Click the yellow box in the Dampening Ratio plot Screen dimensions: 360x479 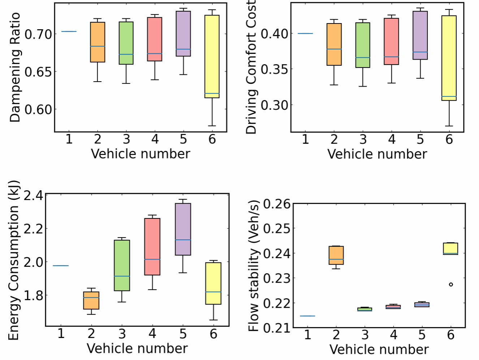point(212,56)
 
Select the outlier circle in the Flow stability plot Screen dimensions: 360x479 point(451,285)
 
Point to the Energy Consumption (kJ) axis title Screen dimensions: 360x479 point(13,260)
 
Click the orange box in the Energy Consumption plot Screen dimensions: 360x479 point(91,300)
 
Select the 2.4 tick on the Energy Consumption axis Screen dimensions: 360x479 point(33,196)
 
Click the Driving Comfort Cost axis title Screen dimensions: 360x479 point(251,67)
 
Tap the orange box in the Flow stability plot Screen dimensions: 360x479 point(336,255)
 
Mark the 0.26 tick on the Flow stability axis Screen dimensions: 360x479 point(277,204)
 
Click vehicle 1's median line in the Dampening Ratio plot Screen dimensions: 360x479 point(69,32)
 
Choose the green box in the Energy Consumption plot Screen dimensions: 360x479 point(122,265)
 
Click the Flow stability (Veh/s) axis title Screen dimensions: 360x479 point(254,265)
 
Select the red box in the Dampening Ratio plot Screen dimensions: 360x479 point(155,39)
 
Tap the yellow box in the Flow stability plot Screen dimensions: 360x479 point(450,248)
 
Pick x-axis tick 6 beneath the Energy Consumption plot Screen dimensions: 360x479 point(213,334)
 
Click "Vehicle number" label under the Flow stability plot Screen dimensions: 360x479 point(379,350)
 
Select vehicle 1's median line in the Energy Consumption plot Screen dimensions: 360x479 point(61,266)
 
